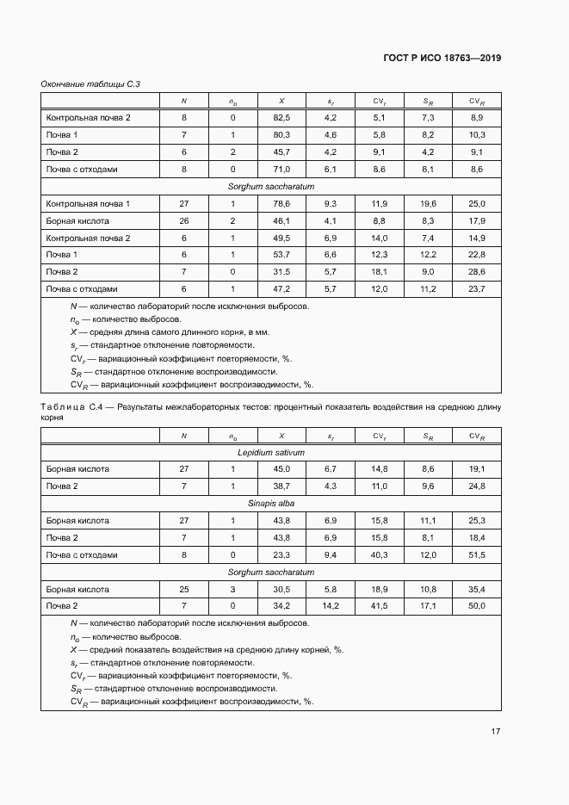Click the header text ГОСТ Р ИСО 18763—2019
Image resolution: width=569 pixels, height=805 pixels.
click(442, 58)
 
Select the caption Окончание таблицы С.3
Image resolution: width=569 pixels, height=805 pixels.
click(90, 84)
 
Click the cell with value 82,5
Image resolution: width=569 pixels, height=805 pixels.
click(281, 117)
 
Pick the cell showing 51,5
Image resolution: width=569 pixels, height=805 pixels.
click(476, 555)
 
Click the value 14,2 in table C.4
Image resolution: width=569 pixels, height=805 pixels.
click(331, 607)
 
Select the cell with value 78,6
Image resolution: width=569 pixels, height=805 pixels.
click(281, 203)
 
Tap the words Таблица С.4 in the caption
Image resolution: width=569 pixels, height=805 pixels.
click(77, 406)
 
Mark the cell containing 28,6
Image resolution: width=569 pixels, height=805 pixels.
click(476, 272)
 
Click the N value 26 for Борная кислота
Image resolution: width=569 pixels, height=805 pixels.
click(183, 220)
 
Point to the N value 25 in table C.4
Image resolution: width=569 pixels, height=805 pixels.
click(183, 590)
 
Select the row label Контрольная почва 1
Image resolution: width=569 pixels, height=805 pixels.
click(88, 203)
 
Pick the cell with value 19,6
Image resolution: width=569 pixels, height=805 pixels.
click(428, 203)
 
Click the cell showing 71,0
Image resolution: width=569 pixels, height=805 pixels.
click(281, 169)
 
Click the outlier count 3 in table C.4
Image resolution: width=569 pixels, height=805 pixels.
click(232, 590)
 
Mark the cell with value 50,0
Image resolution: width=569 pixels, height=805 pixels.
click(476, 607)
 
